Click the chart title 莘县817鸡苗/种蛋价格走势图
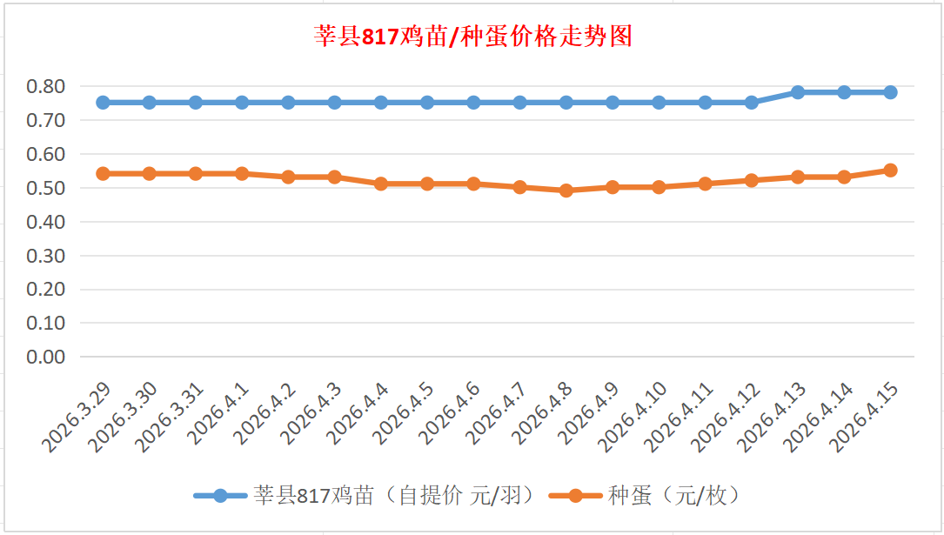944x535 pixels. (472, 37)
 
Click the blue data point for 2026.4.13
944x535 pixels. (798, 92)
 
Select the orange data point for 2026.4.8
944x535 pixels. (566, 191)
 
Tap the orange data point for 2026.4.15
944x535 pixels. (890, 171)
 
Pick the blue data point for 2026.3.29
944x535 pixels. (103, 103)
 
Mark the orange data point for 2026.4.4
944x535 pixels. (381, 184)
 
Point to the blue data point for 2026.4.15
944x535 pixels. (890, 92)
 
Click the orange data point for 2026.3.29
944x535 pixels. (103, 174)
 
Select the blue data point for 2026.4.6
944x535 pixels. (473, 103)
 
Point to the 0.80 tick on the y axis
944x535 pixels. (46, 86)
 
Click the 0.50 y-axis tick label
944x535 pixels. (46, 188)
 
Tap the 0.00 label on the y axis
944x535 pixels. (46, 357)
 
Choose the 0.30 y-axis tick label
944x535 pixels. (46, 256)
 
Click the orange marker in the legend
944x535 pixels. (575, 496)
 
